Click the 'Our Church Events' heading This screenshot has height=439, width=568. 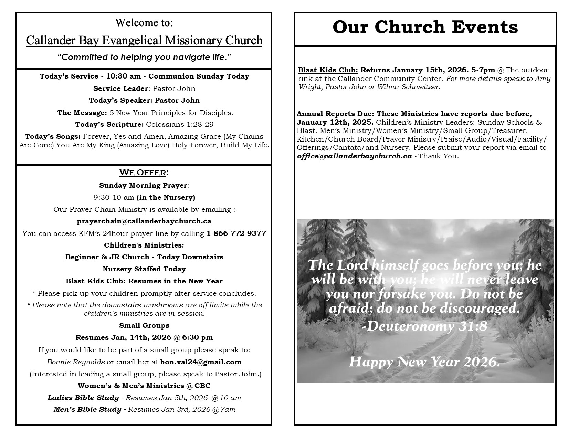click(425, 27)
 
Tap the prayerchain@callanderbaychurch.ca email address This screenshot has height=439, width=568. click(144, 221)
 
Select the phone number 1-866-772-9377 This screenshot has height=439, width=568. click(236, 233)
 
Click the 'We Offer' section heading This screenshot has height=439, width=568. click(144, 173)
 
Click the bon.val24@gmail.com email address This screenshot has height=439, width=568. click(201, 362)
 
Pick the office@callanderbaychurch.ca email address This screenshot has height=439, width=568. click(354, 156)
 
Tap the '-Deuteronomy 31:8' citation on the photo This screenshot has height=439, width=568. click(425, 326)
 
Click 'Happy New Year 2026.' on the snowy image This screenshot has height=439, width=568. click(424, 362)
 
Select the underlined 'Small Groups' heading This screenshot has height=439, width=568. click(144, 325)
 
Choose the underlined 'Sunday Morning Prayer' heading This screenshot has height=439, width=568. click(143, 185)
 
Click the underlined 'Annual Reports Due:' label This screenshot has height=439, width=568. click(335, 114)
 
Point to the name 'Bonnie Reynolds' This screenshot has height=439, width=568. click(76, 362)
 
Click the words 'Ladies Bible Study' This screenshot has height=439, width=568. click(83, 398)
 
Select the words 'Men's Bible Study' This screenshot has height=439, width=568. click(87, 409)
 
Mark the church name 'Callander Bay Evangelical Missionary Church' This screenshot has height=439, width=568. click(144, 41)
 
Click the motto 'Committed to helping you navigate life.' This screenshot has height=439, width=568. click(144, 57)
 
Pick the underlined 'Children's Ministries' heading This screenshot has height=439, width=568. click(143, 245)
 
